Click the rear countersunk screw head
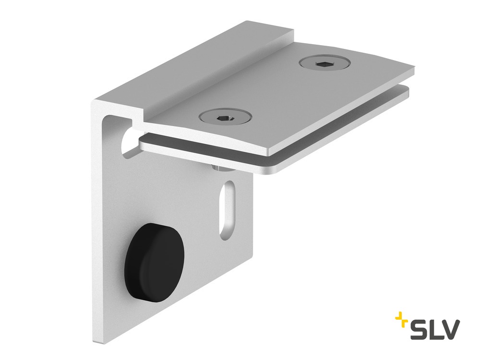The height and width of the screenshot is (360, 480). pyautogui.click(x=325, y=64)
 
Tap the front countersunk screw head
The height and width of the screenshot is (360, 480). pyautogui.click(x=225, y=116)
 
